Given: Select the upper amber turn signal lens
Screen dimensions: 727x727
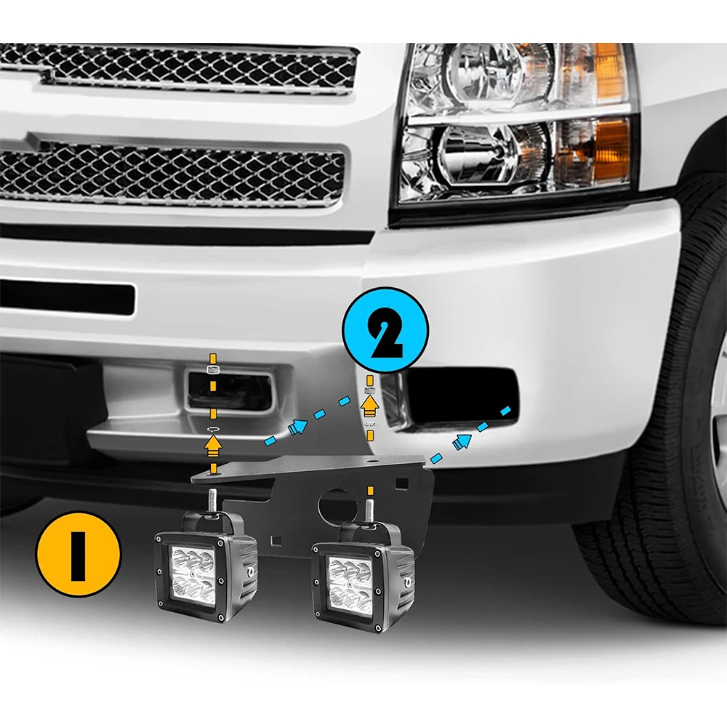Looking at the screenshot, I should pos(609,73).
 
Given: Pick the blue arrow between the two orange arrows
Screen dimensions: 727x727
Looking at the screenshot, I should pos(297,428).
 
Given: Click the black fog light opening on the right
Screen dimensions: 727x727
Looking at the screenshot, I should pos(462,396).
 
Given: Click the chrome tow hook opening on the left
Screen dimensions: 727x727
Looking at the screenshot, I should pos(228,390).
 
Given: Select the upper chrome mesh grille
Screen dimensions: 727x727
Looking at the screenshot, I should pos(182,68).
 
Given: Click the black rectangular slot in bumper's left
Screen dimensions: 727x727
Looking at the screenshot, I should pos(65,298).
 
